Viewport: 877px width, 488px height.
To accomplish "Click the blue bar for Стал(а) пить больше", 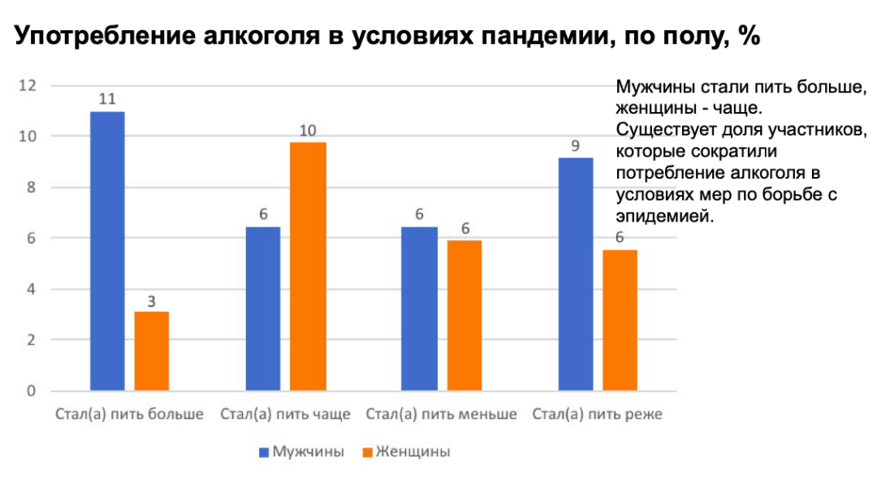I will point(107,251).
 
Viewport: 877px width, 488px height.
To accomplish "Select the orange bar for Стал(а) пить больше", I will point(152,351).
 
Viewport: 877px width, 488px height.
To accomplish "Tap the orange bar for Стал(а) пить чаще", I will point(309,266).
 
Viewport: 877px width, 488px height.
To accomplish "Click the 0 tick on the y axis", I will point(32,391).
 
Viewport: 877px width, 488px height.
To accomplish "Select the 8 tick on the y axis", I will point(32,188).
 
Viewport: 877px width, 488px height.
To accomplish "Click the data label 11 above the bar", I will point(106,99).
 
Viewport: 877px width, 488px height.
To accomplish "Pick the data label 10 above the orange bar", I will point(309,130).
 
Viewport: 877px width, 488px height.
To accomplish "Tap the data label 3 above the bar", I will point(152,300).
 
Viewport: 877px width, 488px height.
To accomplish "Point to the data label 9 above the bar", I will point(576,146).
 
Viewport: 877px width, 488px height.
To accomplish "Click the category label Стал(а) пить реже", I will point(598,415).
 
